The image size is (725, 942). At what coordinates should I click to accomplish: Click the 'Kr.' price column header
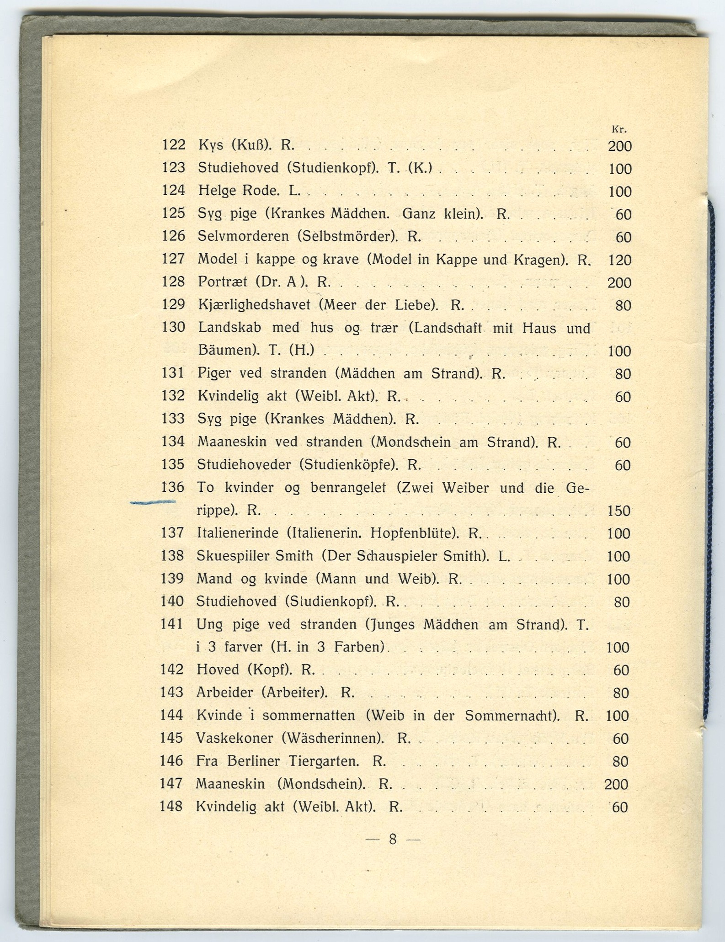click(x=618, y=130)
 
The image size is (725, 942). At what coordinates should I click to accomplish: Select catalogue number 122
click(x=174, y=145)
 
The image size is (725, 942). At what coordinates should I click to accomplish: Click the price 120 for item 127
click(x=619, y=260)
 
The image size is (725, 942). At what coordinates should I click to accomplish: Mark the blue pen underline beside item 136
click(x=153, y=502)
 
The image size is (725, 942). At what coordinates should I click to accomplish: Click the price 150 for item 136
click(x=619, y=511)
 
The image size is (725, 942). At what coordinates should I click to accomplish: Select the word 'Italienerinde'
click(x=237, y=533)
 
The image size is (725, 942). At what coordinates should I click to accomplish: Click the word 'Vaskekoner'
click(x=235, y=738)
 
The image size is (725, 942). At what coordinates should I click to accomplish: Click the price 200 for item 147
click(x=616, y=784)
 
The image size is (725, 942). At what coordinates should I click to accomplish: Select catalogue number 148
click(x=171, y=806)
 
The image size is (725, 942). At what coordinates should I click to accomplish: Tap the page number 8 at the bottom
click(x=393, y=839)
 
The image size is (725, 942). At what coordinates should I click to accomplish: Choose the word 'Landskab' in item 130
click(x=229, y=328)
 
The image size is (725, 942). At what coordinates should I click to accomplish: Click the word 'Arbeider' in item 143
click(x=224, y=692)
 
